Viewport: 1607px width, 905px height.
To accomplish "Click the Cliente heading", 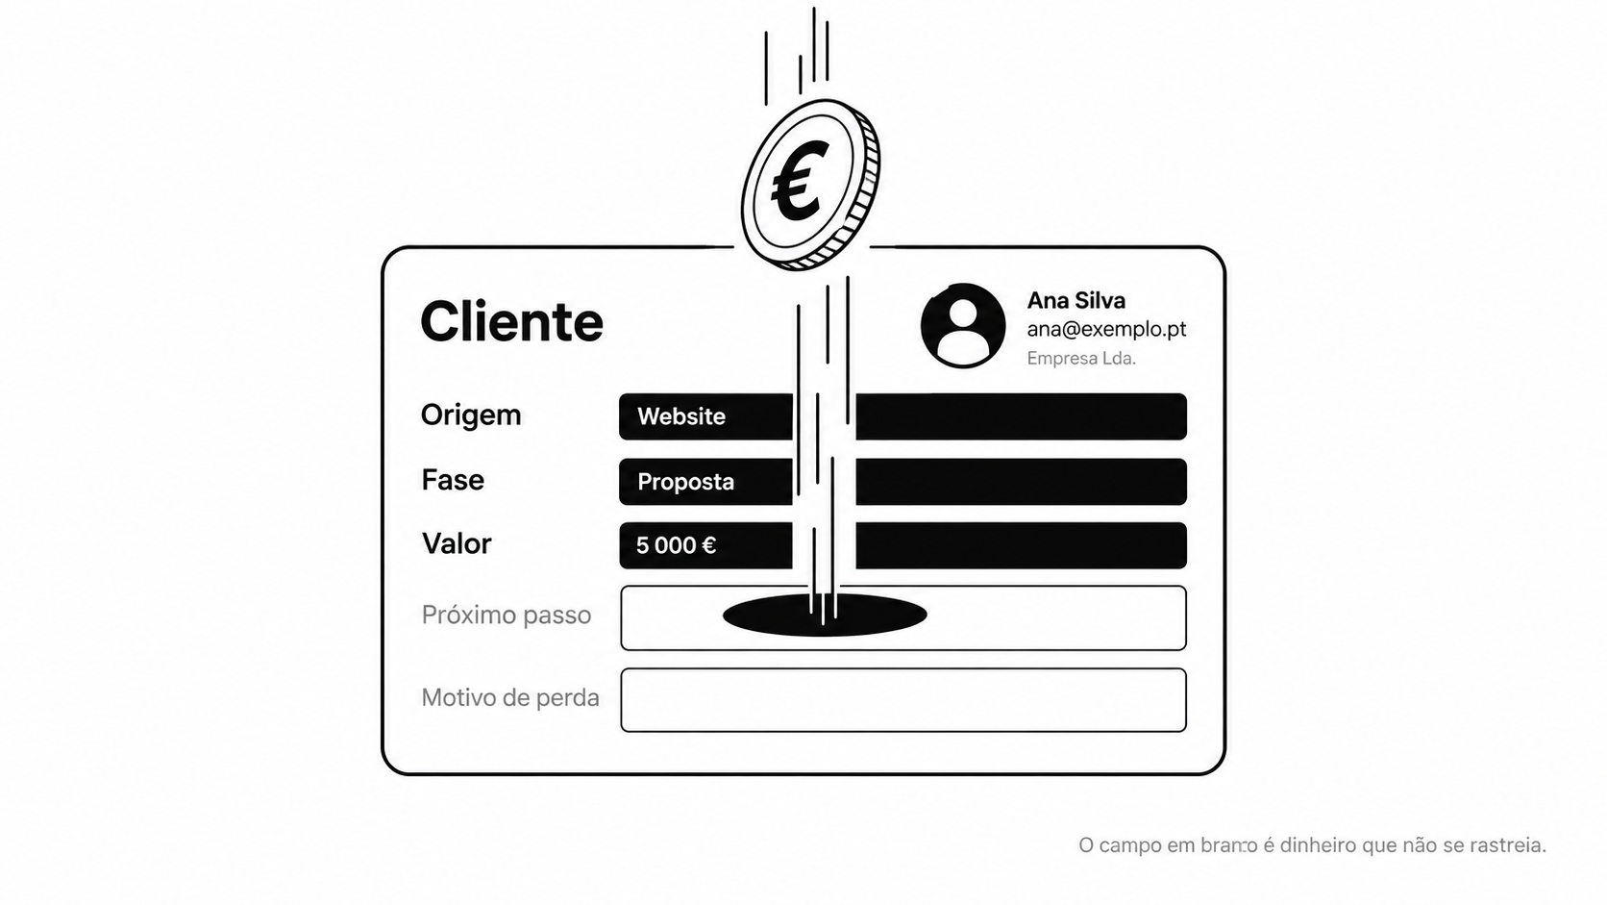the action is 511,321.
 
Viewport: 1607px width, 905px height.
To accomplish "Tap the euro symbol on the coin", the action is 801,180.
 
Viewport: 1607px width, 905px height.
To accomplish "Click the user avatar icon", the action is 963,326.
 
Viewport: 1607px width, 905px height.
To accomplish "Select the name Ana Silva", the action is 1076,300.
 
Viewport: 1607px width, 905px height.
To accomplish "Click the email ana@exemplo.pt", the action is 1106,330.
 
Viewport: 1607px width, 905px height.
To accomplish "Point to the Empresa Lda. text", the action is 1081,358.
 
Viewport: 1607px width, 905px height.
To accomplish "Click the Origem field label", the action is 471,415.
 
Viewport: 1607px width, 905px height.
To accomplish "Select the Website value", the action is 680,416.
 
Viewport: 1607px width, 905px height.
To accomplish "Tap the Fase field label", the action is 453,479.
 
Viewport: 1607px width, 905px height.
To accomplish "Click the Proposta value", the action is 685,482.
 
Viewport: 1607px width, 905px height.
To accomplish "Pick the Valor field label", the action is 457,543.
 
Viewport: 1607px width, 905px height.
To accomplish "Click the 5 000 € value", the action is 676,545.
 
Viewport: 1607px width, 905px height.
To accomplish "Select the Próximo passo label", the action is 507,616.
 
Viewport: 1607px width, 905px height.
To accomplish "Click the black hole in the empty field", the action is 825,616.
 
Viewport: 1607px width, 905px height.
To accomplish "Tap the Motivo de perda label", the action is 510,697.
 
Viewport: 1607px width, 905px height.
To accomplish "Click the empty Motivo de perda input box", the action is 903,700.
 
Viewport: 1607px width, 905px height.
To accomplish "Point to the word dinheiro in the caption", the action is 1319,845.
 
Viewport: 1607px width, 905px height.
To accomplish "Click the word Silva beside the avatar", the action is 1100,300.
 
